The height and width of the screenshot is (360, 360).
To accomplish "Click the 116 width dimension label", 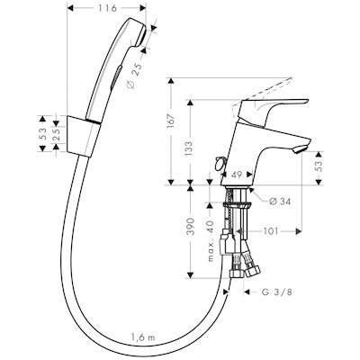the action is point(107,8).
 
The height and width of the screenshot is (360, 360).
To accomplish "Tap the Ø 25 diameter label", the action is point(132,77).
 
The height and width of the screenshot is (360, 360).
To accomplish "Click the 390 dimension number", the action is point(191,228).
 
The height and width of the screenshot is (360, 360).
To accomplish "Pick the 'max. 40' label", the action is point(211,240).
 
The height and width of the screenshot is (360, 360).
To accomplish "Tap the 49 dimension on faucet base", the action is point(237,175).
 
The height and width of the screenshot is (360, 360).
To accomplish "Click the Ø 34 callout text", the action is point(280,202).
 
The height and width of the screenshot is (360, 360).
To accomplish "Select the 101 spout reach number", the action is point(270,231).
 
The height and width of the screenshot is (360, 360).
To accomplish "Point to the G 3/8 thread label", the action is point(276,292).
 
